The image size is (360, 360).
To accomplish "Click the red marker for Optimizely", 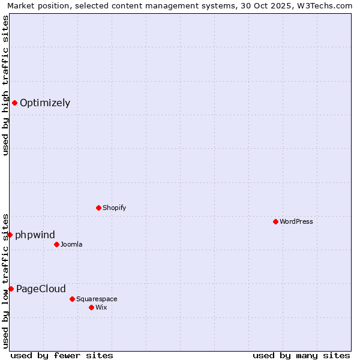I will [14, 103].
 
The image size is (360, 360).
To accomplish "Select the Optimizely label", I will [45, 103].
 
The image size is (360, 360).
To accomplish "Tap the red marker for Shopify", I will [98, 208].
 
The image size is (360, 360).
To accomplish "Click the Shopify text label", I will [114, 208].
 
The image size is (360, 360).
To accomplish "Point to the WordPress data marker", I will [275, 221].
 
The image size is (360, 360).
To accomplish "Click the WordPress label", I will [296, 222].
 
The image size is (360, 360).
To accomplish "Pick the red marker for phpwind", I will [10, 235].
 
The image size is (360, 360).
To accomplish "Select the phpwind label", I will [35, 235].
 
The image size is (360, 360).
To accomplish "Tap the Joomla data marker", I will [56, 244].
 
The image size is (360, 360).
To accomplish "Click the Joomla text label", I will [71, 245].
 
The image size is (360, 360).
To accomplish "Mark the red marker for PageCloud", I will [11, 289].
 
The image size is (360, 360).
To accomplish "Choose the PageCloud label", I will [41, 289].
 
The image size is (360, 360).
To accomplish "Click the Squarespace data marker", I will [72, 299].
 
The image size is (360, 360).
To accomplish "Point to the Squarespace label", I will [97, 299].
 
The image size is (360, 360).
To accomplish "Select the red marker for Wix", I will [91, 307].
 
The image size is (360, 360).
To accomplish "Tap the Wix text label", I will [101, 308].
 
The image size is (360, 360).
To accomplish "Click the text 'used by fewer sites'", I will [62, 355].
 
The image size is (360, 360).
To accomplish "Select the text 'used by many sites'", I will [301, 355].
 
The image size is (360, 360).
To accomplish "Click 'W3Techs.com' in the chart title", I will [326, 5].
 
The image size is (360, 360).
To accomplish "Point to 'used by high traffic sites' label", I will [5, 85].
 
